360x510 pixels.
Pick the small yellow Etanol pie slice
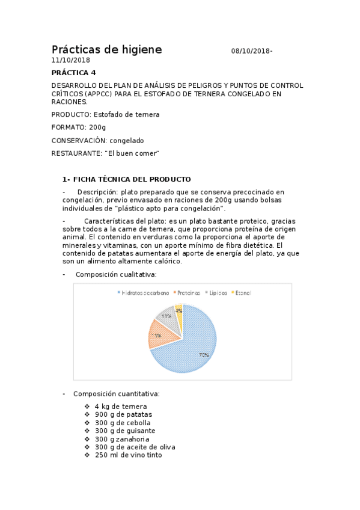pyautogui.click(x=179, y=311)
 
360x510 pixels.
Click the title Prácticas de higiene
pyautogui.click(x=106, y=50)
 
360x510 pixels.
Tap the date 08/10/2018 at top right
pyautogui.click(x=251, y=52)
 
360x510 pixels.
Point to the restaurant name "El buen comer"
pyautogui.click(x=132, y=153)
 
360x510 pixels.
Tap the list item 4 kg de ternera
pyautogui.click(x=120, y=407)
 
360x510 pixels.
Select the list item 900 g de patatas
pyautogui.click(x=123, y=414)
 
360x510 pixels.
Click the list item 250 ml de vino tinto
pyautogui.click(x=128, y=455)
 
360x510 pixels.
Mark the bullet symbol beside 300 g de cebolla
pyautogui.click(x=88, y=423)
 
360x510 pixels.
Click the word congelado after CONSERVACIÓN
pyautogui.click(x=127, y=140)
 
